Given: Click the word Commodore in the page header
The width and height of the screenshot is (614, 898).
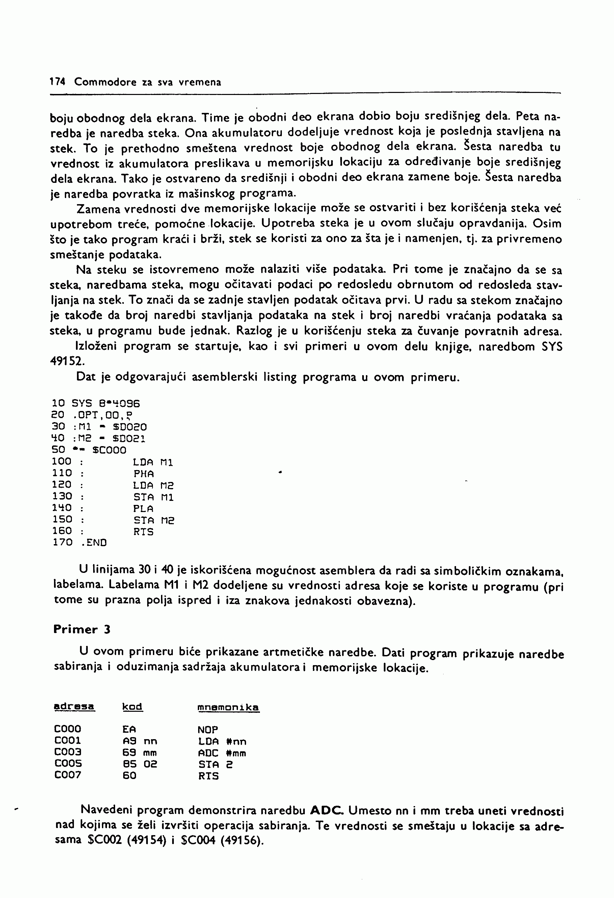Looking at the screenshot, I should (x=105, y=82).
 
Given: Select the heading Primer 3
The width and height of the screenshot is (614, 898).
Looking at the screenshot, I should (x=82, y=629).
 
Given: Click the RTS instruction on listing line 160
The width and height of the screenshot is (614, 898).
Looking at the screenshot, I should (x=143, y=532).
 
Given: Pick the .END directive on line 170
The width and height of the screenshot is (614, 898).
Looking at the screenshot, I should (x=94, y=542).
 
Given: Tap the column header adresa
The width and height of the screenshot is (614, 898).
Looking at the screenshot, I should (x=74, y=707).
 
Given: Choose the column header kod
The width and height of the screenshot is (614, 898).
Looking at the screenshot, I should (x=132, y=707).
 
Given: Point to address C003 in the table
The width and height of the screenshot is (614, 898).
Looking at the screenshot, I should (x=68, y=752).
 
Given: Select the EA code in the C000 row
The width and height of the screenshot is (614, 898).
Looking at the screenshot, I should (x=129, y=729).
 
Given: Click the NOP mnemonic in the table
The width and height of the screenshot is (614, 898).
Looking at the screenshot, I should (x=208, y=730).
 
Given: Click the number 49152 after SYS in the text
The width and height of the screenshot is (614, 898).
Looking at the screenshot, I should (x=67, y=361).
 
